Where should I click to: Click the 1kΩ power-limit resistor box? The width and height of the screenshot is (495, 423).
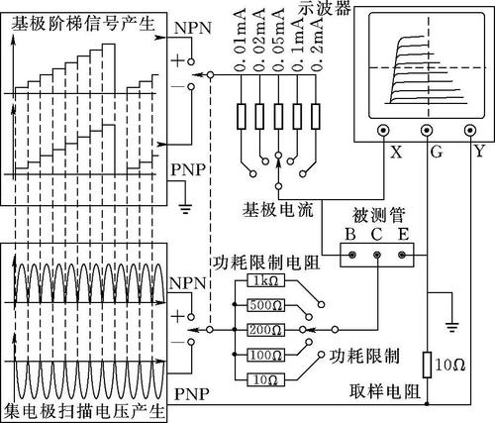point(265,281)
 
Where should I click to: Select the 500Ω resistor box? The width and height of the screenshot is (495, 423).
point(265,305)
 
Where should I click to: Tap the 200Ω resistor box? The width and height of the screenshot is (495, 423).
point(265,330)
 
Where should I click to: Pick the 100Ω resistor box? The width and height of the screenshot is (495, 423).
point(265,356)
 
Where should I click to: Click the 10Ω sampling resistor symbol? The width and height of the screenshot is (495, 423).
point(427,365)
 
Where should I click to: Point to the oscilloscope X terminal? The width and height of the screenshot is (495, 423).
point(383,130)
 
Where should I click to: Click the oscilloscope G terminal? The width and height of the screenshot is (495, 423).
point(427,130)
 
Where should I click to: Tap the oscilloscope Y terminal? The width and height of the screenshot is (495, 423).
point(470,130)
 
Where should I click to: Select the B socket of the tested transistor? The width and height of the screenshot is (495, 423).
point(352,255)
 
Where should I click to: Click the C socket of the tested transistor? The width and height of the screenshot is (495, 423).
point(377,255)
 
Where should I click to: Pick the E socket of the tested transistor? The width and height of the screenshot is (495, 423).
point(402,255)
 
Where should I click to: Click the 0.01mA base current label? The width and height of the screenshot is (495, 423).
point(241,41)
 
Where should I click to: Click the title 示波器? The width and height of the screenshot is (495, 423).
point(325,8)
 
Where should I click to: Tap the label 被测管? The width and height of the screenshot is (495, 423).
point(378,215)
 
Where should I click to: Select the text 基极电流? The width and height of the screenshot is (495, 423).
point(278,209)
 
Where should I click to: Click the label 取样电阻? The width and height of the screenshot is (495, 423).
point(385,392)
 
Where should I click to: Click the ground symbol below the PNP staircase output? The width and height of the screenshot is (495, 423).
point(185,209)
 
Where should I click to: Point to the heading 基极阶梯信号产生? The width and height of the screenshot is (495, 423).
point(83,24)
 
